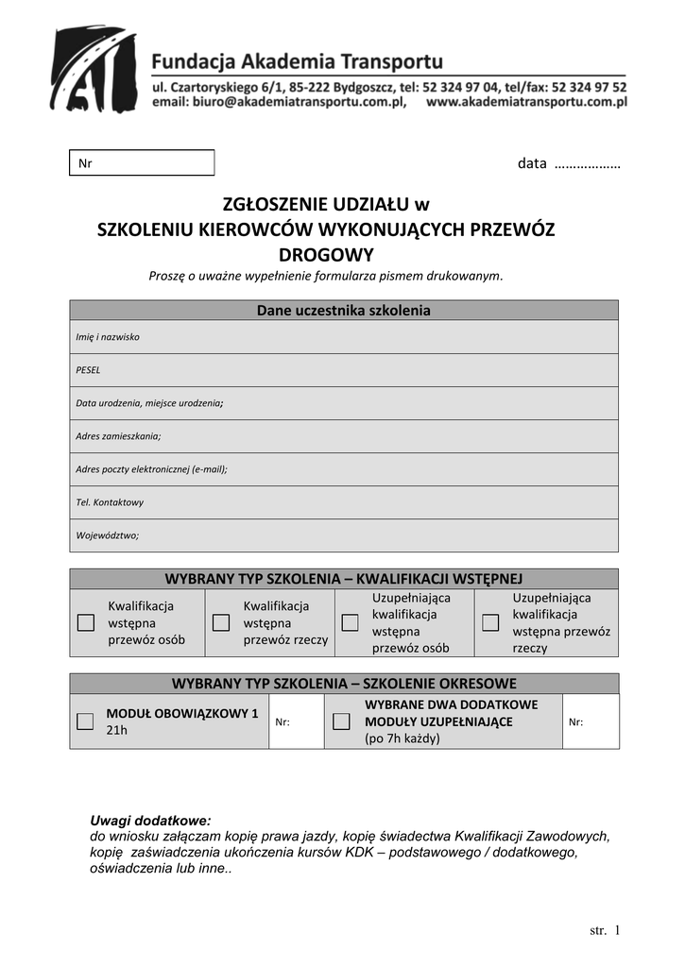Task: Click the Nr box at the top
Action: click(x=142, y=163)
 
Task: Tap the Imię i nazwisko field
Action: click(x=344, y=337)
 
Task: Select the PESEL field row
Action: click(x=344, y=370)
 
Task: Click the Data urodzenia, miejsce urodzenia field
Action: click(x=344, y=403)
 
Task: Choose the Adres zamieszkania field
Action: click(x=344, y=436)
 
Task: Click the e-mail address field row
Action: click(x=344, y=469)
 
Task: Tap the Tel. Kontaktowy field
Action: click(x=344, y=502)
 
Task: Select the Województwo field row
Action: click(x=344, y=535)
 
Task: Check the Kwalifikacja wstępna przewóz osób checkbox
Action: click(x=86, y=622)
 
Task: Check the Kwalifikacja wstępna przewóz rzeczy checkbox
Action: click(x=221, y=622)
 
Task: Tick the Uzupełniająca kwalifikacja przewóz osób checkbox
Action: click(x=350, y=622)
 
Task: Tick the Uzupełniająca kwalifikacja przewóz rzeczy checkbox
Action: click(x=490, y=622)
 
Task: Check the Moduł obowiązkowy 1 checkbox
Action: click(x=85, y=721)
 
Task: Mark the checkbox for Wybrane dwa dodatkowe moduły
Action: click(x=342, y=721)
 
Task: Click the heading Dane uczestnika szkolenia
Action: click(x=344, y=311)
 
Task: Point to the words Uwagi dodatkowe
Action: click(x=150, y=820)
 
